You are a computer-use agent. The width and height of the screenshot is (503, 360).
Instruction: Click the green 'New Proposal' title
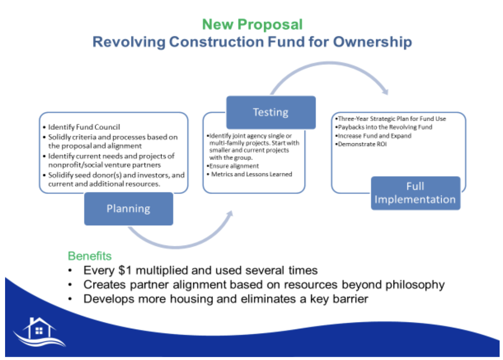pos(252,25)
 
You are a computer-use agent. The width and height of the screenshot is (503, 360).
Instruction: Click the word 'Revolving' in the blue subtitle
pos(129,42)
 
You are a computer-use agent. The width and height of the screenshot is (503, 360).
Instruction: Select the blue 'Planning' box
pos(128,209)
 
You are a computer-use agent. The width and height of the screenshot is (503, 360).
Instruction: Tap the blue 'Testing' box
pos(271,112)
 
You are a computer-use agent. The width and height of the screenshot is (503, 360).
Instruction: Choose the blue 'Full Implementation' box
pos(415,193)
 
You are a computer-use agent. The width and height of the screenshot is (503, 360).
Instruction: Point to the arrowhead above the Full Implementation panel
pos(384,91)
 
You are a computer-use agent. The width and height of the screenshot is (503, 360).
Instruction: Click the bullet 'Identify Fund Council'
pos(84,127)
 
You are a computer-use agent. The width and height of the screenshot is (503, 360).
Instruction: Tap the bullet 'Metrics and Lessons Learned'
pos(251,174)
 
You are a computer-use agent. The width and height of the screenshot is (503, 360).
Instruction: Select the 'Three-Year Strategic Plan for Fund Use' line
pos(391,119)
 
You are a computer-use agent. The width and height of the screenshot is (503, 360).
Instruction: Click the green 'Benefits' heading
pos(90,256)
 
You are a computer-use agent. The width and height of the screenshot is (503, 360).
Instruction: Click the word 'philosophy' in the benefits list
pos(415,284)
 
